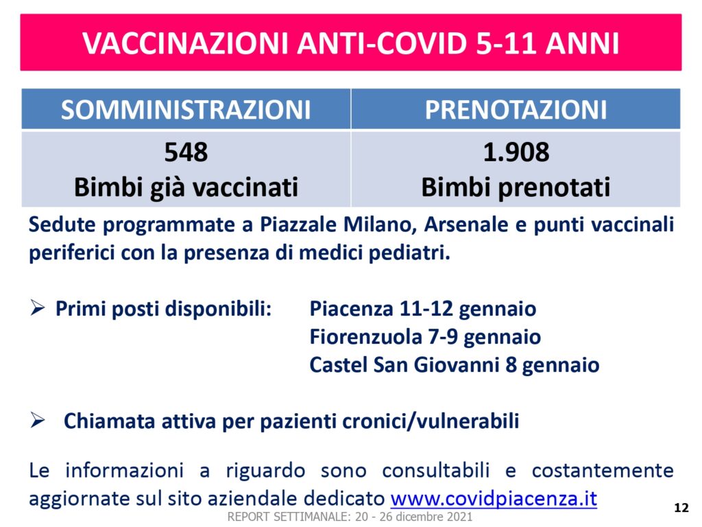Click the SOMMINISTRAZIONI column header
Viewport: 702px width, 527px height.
pyautogui.click(x=186, y=110)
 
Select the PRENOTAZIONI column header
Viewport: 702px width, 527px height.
pyautogui.click(x=516, y=110)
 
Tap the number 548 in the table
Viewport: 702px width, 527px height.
pyautogui.click(x=186, y=152)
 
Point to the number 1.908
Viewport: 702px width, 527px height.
pyautogui.click(x=516, y=152)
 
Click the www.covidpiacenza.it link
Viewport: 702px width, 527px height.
pyautogui.click(x=494, y=498)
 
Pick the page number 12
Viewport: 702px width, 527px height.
pyautogui.click(x=681, y=508)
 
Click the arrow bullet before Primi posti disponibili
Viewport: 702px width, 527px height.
pyautogui.click(x=37, y=308)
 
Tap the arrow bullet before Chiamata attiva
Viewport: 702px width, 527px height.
pyautogui.click(x=37, y=421)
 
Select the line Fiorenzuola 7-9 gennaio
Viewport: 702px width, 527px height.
pyautogui.click(x=425, y=337)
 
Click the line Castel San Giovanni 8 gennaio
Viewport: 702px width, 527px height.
pyautogui.click(x=455, y=365)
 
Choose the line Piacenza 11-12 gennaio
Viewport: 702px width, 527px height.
pyautogui.click(x=423, y=309)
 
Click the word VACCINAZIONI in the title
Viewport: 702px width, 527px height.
pyautogui.click(x=185, y=43)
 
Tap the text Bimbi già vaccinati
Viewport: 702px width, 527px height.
pyautogui.click(x=186, y=187)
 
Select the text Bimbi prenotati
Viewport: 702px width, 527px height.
pyautogui.click(x=516, y=187)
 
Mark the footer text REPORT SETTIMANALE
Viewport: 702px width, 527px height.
pyautogui.click(x=287, y=517)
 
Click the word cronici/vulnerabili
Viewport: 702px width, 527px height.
pyautogui.click(x=431, y=421)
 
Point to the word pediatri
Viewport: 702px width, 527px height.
pyautogui.click(x=409, y=253)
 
